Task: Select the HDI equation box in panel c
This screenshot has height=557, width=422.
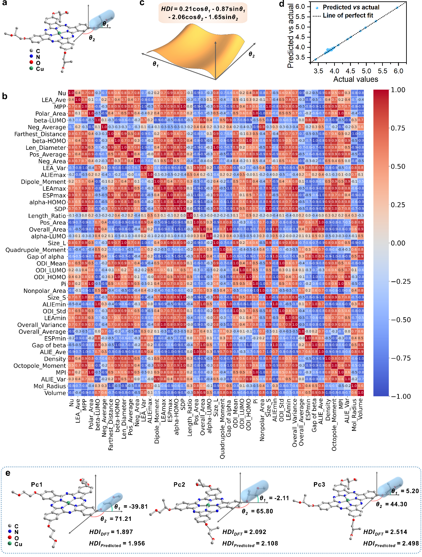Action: click(x=203, y=13)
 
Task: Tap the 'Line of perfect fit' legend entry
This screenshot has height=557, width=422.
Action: click(x=348, y=16)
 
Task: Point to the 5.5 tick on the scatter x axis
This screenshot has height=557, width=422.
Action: click(x=382, y=71)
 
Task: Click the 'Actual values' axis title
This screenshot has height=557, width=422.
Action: click(x=355, y=79)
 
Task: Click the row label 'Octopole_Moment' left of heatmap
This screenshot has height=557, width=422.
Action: click(x=40, y=366)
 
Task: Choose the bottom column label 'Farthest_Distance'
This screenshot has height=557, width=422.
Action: click(x=111, y=424)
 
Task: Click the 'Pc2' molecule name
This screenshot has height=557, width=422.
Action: click(x=179, y=485)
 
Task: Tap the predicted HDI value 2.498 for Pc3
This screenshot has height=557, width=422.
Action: click(x=408, y=543)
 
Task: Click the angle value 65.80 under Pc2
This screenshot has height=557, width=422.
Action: click(x=264, y=511)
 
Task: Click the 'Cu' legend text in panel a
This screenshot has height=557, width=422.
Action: click(x=40, y=69)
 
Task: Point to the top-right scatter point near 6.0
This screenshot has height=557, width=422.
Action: click(x=397, y=7)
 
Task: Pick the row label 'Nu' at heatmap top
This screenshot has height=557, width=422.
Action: click(x=62, y=93)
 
